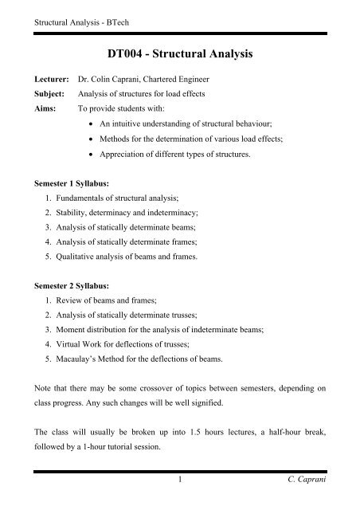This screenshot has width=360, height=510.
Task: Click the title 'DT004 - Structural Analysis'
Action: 179,54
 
